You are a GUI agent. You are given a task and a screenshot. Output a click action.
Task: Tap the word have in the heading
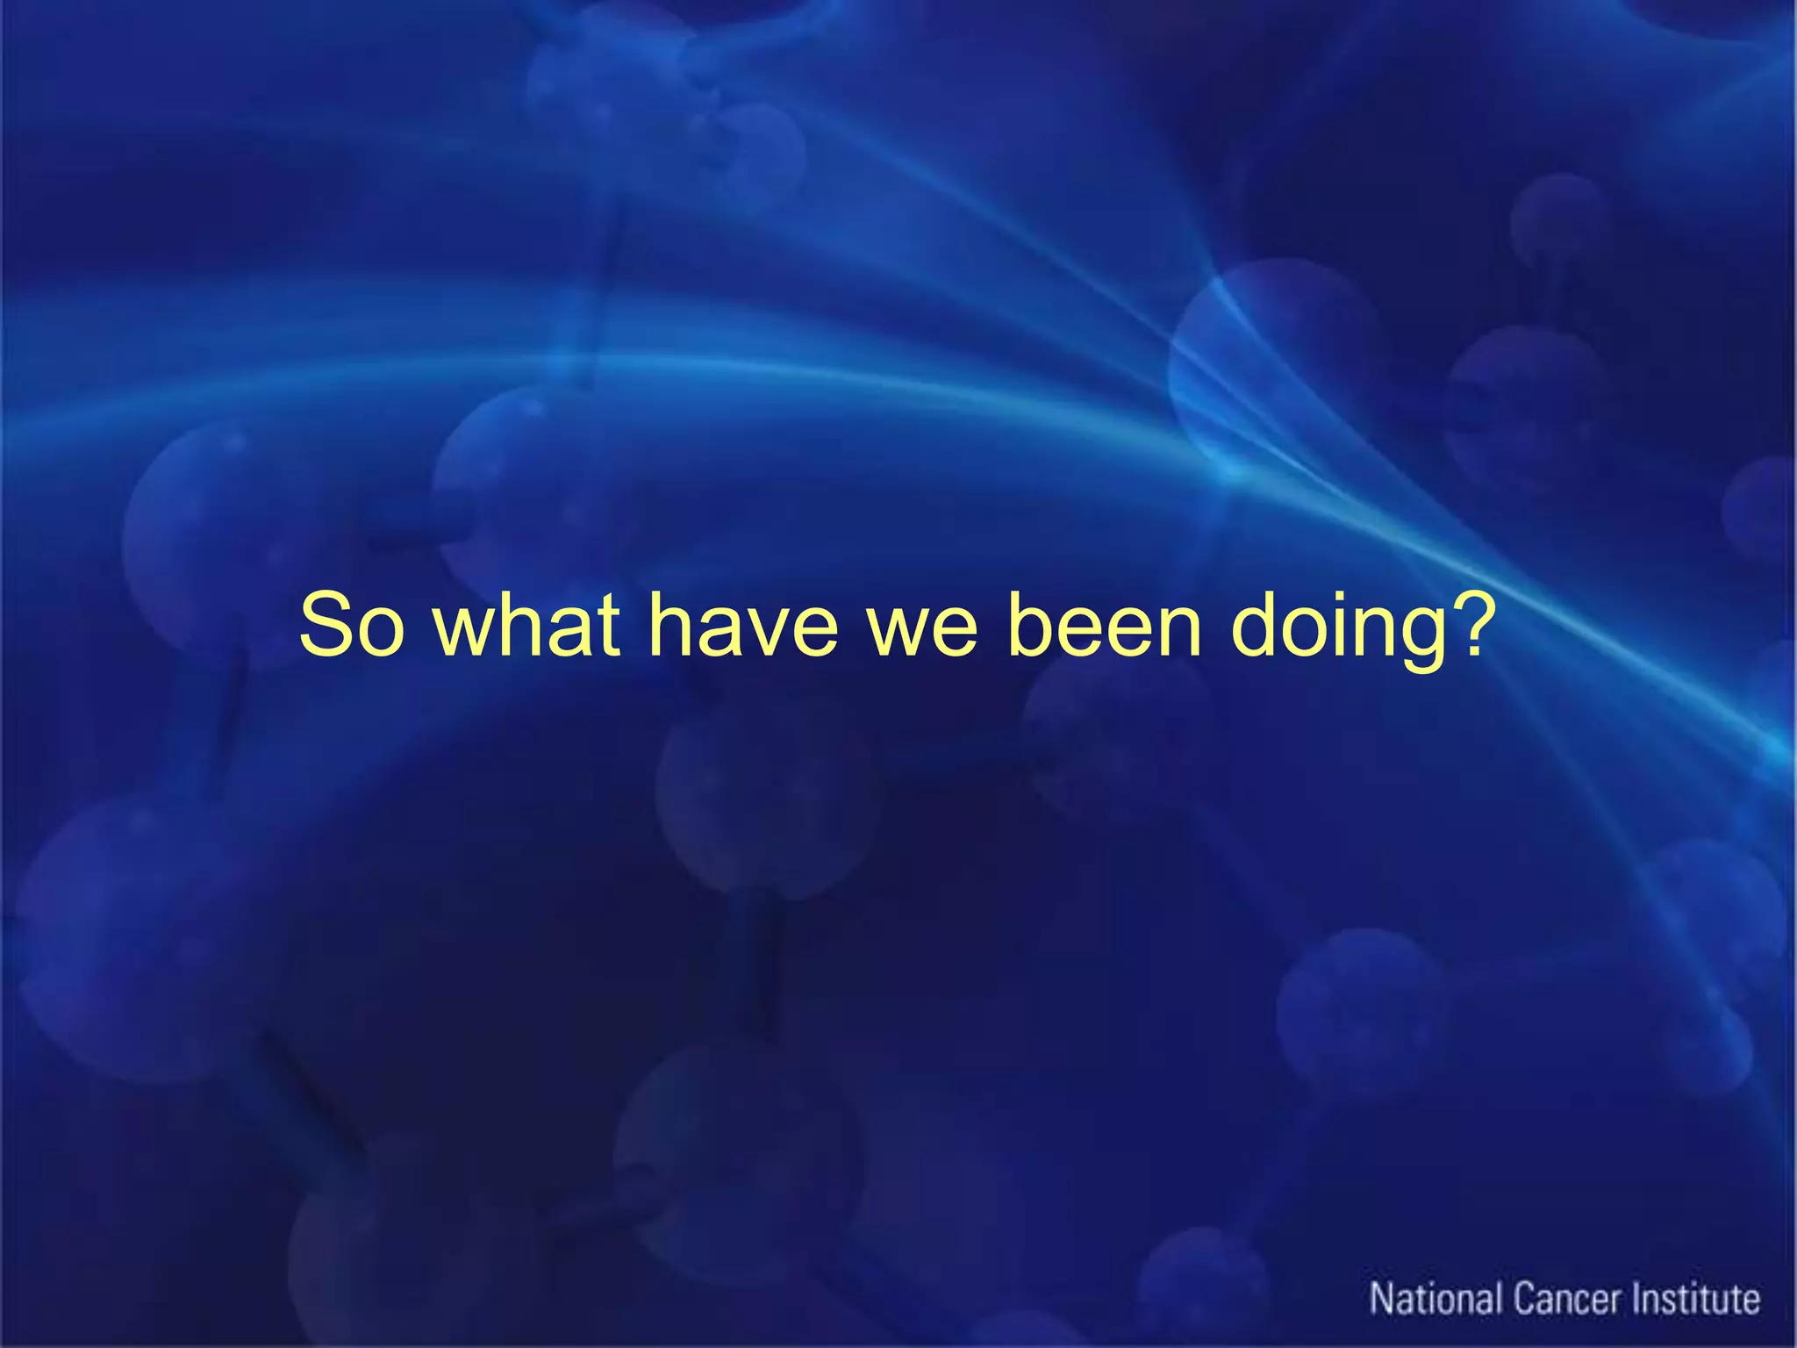(743, 625)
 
